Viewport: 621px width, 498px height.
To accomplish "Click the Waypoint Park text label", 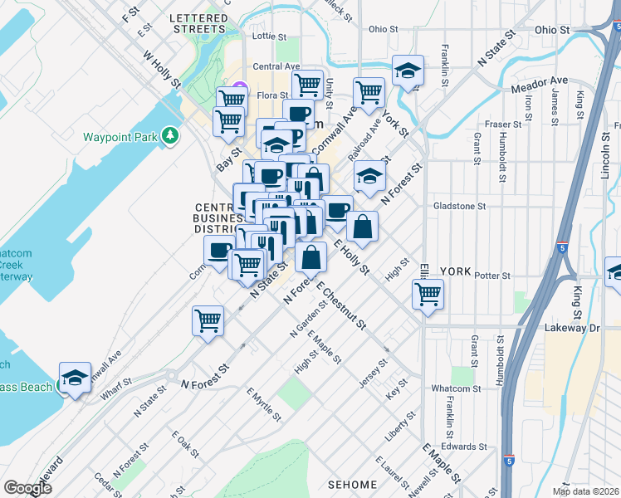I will [120, 136].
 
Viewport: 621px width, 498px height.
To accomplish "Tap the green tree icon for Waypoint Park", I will [170, 134].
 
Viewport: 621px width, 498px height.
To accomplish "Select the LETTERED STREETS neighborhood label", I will [198, 23].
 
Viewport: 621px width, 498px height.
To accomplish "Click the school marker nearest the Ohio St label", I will [408, 71].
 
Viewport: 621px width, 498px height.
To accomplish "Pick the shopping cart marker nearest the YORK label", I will [428, 294].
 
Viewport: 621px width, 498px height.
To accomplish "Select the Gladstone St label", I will [458, 206].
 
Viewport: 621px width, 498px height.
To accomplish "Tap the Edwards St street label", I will [464, 447].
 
